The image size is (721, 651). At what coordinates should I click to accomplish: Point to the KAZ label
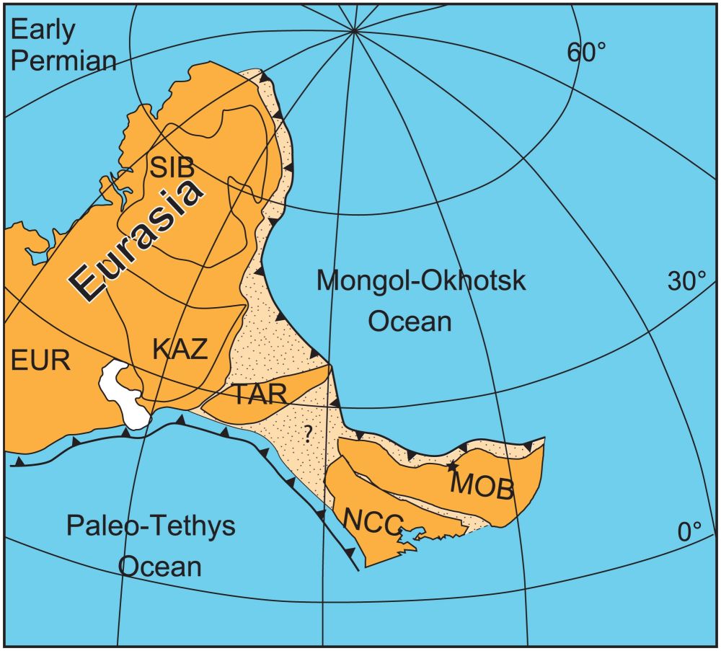click(x=180, y=349)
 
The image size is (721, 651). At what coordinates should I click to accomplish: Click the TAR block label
click(x=260, y=394)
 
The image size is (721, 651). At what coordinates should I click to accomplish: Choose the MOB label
click(x=482, y=488)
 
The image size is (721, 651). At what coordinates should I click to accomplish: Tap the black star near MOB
click(x=453, y=466)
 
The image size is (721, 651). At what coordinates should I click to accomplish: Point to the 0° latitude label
click(x=690, y=532)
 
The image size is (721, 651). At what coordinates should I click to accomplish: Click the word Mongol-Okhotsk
click(x=422, y=280)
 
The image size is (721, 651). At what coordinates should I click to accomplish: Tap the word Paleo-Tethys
click(x=151, y=526)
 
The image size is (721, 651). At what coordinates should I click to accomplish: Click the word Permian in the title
click(x=63, y=61)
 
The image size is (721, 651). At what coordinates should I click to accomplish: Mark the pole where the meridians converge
click(x=354, y=30)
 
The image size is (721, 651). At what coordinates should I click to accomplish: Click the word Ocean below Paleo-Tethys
click(x=160, y=566)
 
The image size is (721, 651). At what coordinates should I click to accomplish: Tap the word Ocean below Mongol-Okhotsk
click(x=410, y=321)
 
